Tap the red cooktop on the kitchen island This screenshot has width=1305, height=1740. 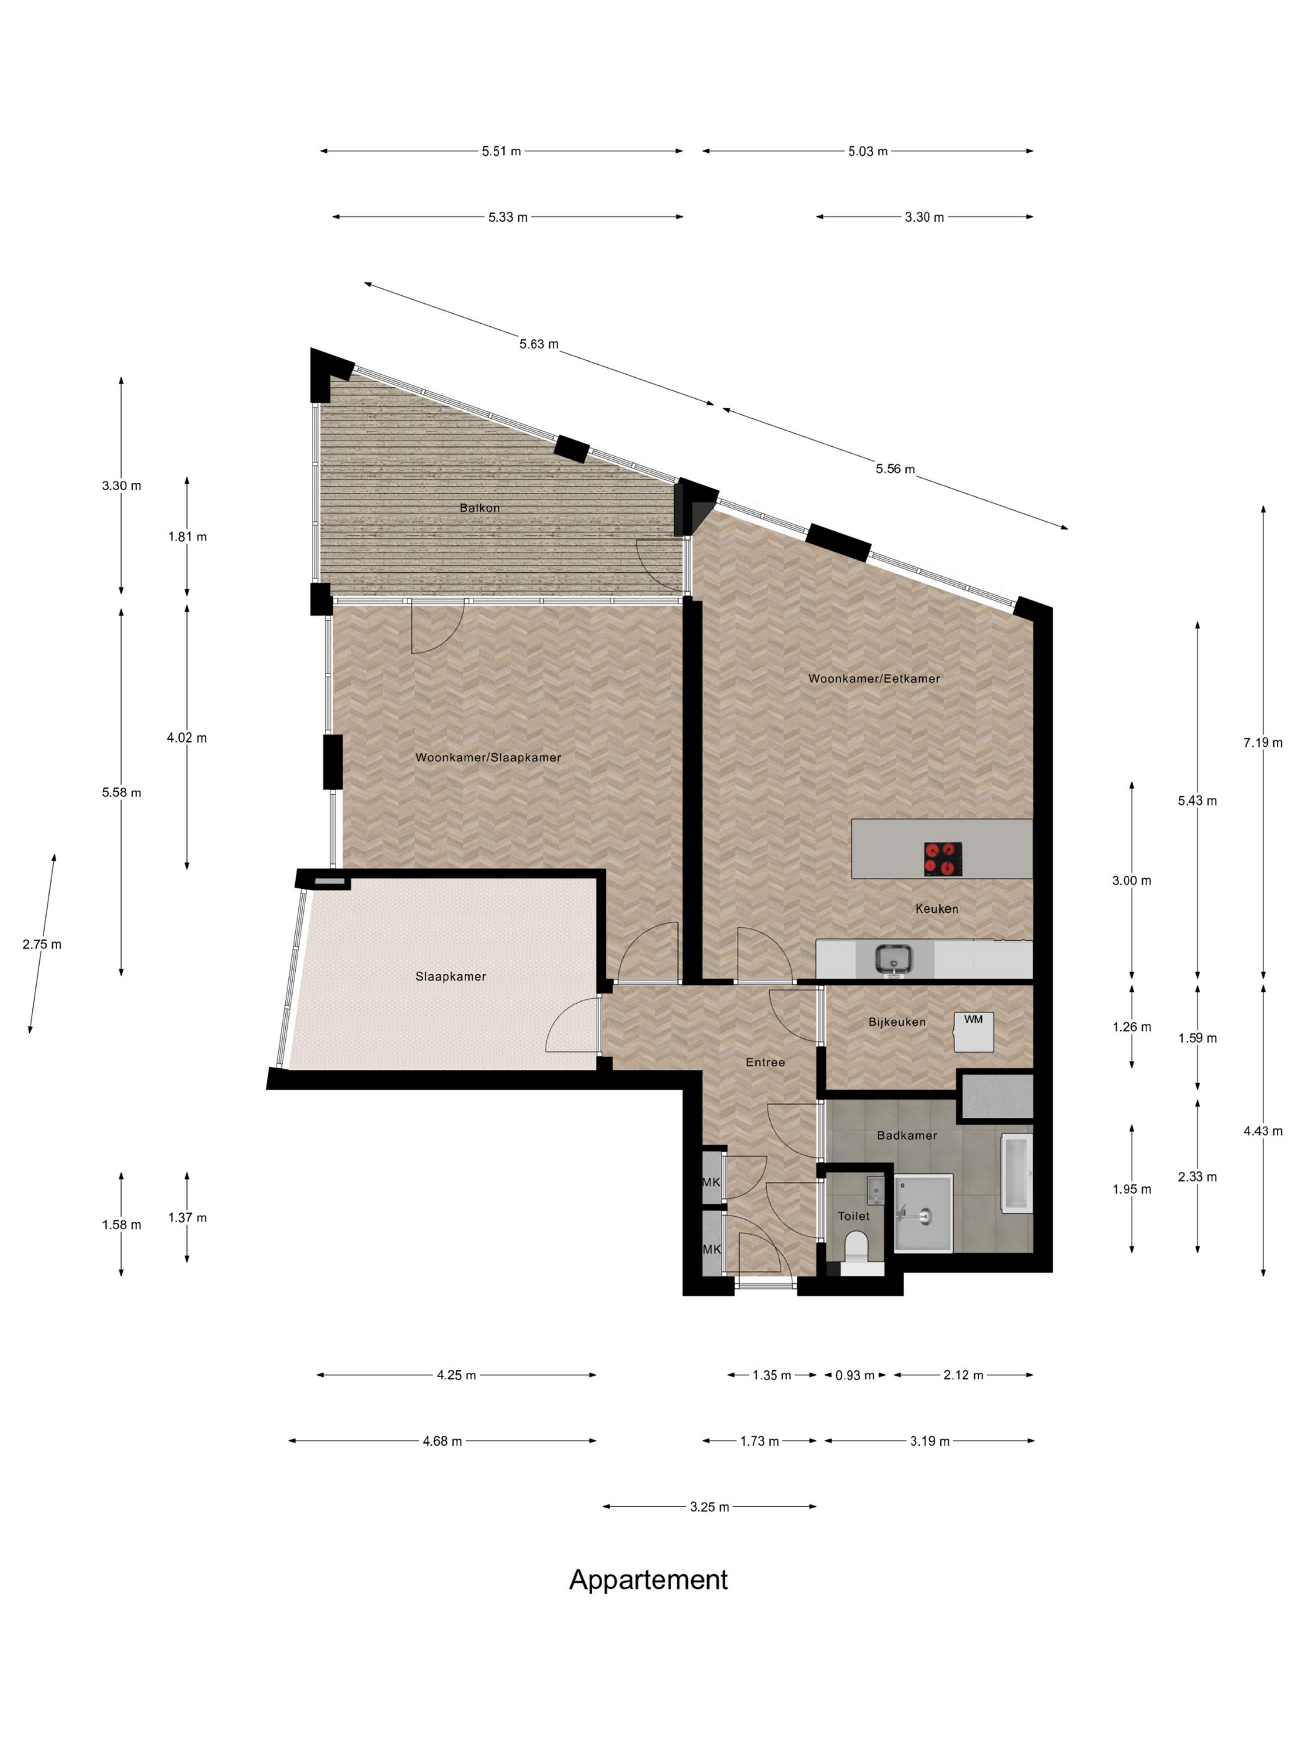click(x=942, y=858)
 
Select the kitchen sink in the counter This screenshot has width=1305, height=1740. click(x=894, y=958)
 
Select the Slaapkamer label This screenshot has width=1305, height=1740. click(x=451, y=976)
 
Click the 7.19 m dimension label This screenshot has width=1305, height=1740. click(x=1261, y=743)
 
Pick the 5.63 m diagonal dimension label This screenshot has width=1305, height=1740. click(x=539, y=344)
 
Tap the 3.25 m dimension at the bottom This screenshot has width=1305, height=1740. click(x=710, y=1506)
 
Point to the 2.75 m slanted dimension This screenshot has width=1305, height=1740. click(x=42, y=944)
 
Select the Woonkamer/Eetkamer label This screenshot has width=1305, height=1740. click(x=874, y=678)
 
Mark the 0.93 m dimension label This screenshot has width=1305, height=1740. click(x=854, y=1375)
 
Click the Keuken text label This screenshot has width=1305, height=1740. click(x=936, y=909)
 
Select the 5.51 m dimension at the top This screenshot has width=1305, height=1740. click(x=501, y=151)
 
